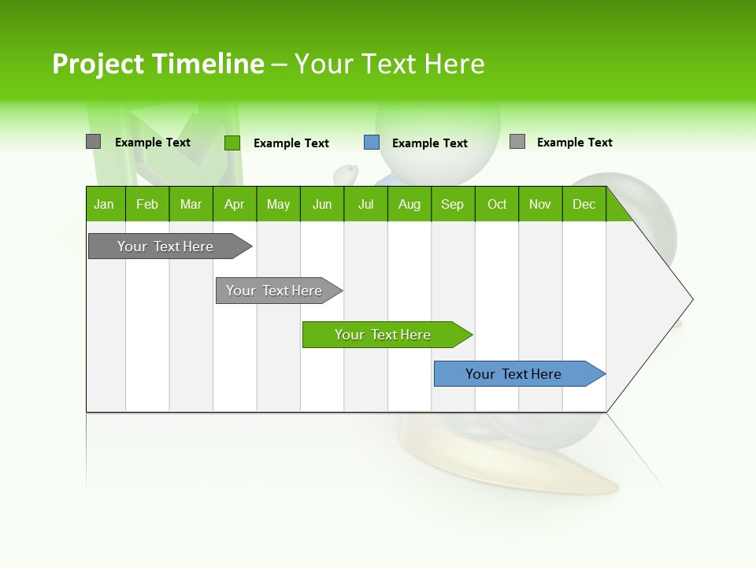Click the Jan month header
tap(105, 204)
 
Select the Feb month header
tap(147, 204)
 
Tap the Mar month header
tap(191, 204)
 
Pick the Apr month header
tap(235, 204)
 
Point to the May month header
tap(278, 204)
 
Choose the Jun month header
tap(322, 204)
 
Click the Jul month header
tap(365, 204)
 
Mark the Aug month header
tap(409, 204)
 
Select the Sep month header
tap(453, 204)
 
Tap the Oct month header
tap(497, 204)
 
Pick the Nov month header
tap(540, 204)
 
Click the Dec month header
tap(584, 204)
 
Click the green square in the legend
tap(232, 143)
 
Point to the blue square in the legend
tap(372, 143)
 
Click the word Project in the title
tap(98, 64)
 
